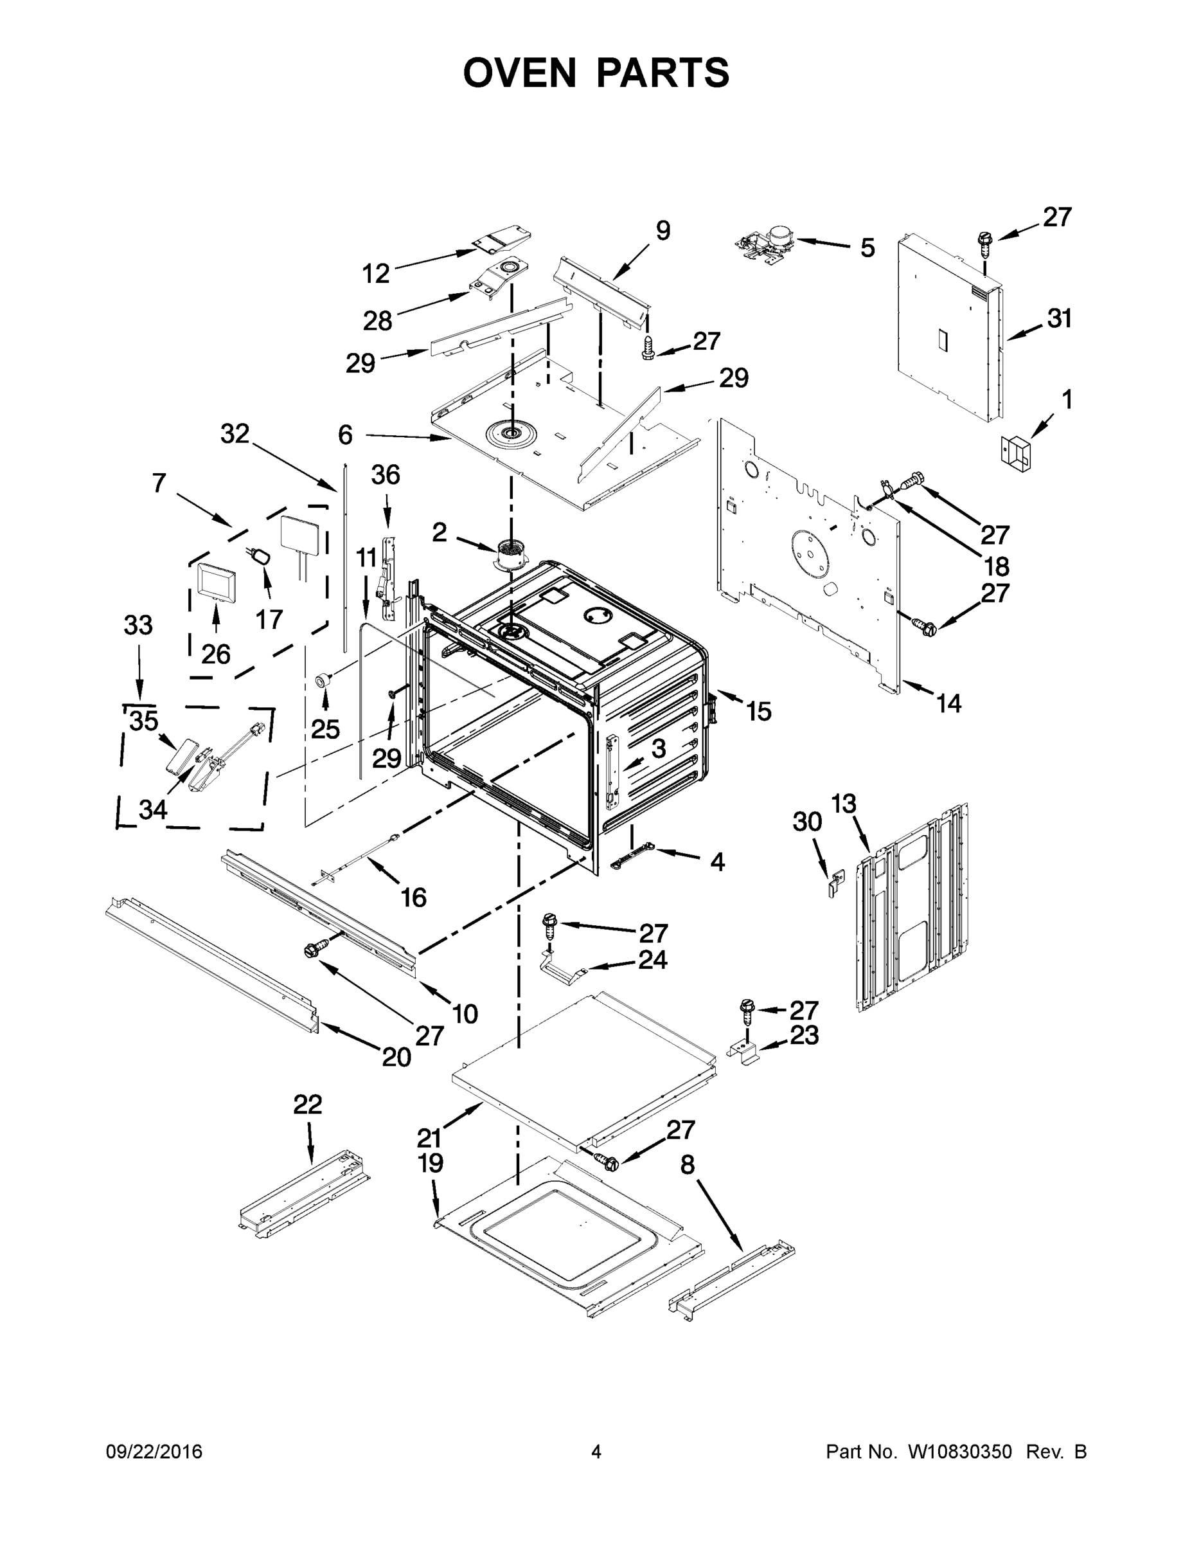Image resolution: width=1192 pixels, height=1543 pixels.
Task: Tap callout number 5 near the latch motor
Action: click(867, 248)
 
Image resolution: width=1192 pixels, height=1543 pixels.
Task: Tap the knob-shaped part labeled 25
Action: click(324, 680)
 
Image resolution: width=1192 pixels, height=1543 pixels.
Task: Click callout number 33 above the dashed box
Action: click(138, 626)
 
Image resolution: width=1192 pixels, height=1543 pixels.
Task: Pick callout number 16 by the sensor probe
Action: click(414, 898)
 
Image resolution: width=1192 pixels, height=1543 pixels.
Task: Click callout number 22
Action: click(308, 1105)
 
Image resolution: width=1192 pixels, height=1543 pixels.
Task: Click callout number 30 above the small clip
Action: click(807, 822)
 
